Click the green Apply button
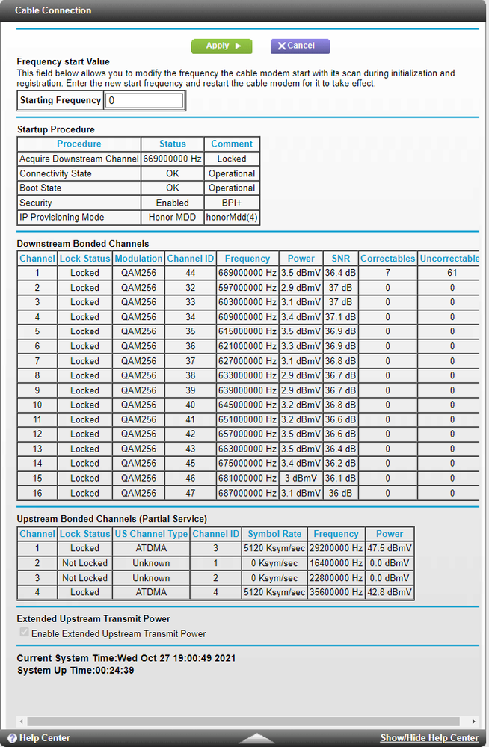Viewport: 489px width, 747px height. [221, 46]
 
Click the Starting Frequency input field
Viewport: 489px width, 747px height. [144, 100]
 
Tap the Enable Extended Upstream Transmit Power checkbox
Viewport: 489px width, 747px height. [25, 633]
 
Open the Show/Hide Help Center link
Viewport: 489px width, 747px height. [429, 738]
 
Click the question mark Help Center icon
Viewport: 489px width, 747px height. [12, 738]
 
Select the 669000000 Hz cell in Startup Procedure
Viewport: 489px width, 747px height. [173, 159]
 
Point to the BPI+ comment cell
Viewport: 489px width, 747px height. [232, 203]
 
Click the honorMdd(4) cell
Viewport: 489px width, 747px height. [232, 218]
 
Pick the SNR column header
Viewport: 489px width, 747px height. [341, 259]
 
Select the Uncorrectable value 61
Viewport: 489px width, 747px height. [452, 273]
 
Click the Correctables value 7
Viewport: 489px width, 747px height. [387, 273]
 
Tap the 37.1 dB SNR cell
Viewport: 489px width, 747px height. [341, 317]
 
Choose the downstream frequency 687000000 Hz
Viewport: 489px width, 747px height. [247, 493]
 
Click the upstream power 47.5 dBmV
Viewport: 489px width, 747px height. [389, 548]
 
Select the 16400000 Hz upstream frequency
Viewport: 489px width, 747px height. [336, 563]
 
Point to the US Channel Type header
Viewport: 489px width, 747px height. [151, 534]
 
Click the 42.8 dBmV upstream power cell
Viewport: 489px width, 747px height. [389, 592]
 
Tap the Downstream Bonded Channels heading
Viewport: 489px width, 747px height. [83, 243]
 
